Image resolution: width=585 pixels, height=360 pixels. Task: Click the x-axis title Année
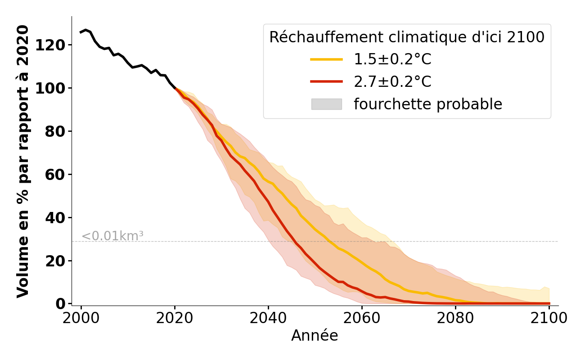[315, 336]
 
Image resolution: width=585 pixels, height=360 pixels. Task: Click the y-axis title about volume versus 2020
[23, 161]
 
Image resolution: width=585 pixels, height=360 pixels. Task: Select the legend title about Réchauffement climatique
[407, 37]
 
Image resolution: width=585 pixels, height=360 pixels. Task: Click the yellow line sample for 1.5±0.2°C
[326, 59]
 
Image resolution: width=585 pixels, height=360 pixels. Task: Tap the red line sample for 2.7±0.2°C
[326, 81]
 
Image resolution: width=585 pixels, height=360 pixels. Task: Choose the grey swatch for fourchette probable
[326, 104]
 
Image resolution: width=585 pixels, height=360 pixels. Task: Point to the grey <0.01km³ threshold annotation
[112, 236]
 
